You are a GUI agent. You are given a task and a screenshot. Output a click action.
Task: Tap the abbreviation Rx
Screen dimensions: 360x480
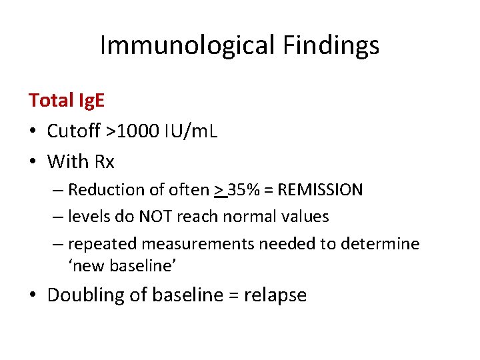(104, 162)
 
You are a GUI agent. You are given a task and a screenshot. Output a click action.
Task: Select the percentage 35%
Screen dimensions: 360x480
(245, 190)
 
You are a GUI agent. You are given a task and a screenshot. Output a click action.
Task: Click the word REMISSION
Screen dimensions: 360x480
(321, 190)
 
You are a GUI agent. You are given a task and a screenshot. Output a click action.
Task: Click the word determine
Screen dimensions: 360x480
(380, 244)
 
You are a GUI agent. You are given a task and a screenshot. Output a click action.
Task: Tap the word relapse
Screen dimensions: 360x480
(276, 295)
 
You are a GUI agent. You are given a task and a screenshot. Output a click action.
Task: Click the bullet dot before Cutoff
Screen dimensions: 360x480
(33, 132)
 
